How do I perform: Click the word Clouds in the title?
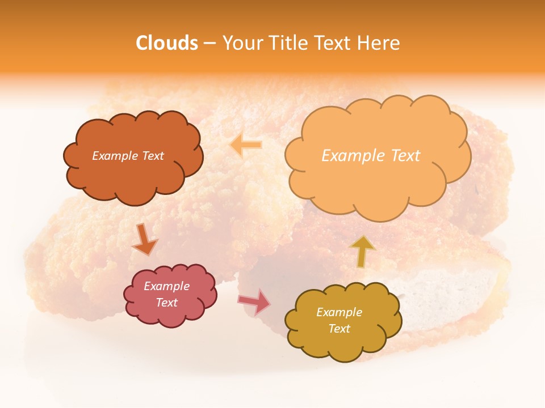(167, 43)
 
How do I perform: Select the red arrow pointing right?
(254, 302)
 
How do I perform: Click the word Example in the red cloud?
(166, 286)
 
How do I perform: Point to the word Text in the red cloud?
(166, 303)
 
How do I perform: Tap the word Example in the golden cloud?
(339, 312)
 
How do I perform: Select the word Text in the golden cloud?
(339, 329)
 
